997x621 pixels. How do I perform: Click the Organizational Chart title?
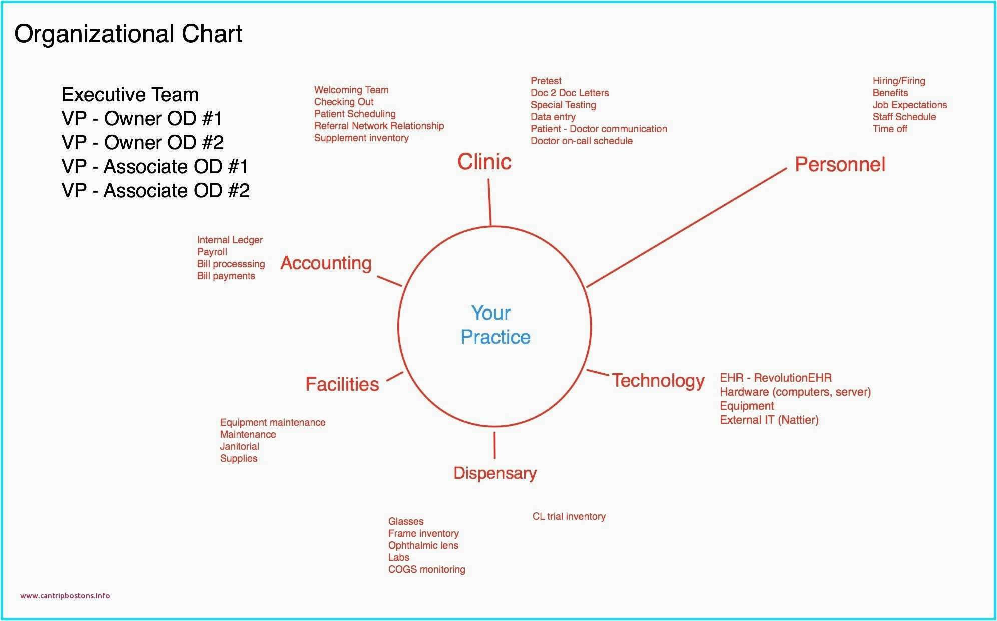pos(128,34)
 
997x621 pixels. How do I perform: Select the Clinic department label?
pos(484,162)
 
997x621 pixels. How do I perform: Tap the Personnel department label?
pos(840,165)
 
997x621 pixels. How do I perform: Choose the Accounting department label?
pos(326,263)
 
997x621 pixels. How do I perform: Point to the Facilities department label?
pos(342,384)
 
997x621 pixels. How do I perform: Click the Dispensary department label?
pos(494,473)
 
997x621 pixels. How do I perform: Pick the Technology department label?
pos(658,381)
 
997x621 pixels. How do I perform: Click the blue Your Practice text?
pos(495,325)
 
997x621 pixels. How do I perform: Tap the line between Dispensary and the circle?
pos(494,445)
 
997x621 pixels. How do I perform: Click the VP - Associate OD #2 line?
pos(155,191)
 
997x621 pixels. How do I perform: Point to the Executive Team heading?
pos(130,95)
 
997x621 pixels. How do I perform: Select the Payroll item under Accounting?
pos(212,252)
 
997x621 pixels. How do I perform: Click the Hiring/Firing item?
pos(898,81)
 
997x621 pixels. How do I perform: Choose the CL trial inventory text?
pos(569,516)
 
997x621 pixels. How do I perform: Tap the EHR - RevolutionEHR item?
pos(775,378)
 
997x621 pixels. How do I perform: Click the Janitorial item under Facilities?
pos(239,446)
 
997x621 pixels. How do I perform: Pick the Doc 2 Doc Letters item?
pos(569,93)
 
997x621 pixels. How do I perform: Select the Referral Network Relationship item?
pos(379,126)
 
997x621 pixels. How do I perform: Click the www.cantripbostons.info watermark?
pos(65,596)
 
